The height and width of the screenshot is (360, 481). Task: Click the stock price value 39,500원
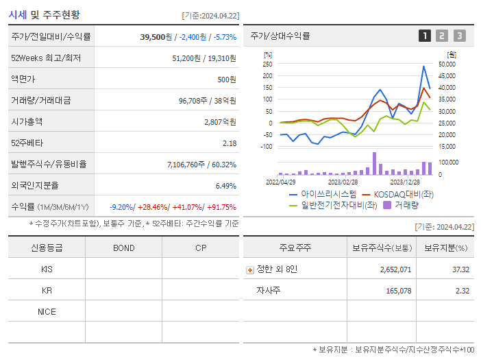tap(156, 36)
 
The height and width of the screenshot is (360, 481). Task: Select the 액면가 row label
tap(26, 80)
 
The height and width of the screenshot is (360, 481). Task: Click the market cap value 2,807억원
tap(220, 121)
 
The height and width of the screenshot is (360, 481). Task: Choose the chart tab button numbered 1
tap(425, 36)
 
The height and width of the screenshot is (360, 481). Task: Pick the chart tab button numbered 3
tap(459, 36)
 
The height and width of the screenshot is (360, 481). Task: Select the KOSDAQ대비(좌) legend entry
tap(398, 195)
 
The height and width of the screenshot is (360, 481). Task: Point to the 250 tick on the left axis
tap(267, 64)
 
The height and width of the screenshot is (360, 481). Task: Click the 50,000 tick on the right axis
tap(447, 64)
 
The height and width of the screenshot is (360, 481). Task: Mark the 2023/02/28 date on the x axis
tap(343, 182)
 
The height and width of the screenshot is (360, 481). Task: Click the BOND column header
tap(123, 248)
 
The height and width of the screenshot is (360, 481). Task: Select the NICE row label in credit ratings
tap(47, 311)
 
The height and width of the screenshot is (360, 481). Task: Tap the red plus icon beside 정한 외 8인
tap(249, 269)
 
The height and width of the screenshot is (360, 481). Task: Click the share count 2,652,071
tap(395, 269)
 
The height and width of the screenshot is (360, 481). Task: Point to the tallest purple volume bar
tap(374, 163)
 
